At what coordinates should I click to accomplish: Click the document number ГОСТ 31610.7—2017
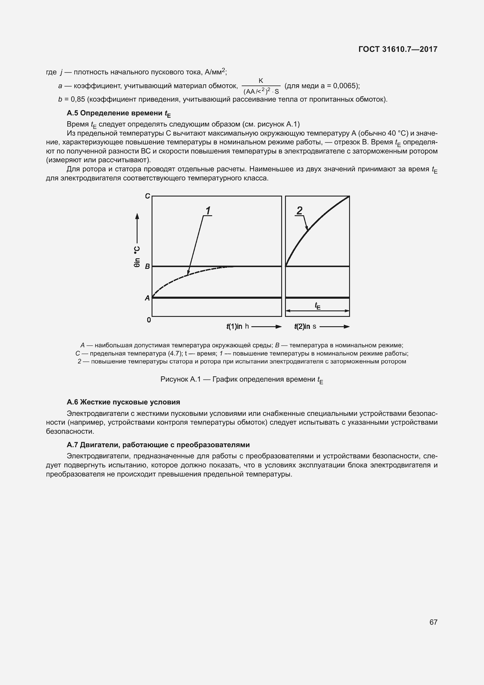(398, 49)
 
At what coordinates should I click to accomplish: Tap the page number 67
(433, 622)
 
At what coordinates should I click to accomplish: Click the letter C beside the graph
(147, 196)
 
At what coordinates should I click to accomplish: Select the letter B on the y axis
(147, 267)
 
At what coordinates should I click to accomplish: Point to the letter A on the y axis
(147, 298)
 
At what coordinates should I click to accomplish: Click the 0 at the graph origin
(149, 320)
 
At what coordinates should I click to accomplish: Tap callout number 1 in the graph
(208, 211)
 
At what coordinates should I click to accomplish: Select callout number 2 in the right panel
(300, 210)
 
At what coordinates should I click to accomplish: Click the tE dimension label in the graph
(318, 306)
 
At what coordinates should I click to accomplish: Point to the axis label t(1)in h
(238, 326)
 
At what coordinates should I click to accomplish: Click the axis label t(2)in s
(305, 326)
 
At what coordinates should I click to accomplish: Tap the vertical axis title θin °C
(137, 257)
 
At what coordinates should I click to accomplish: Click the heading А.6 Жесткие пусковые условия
(123, 402)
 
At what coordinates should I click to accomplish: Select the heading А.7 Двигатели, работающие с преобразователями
(158, 445)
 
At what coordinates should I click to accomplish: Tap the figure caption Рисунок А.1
(241, 380)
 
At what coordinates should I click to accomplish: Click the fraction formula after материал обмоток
(261, 86)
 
